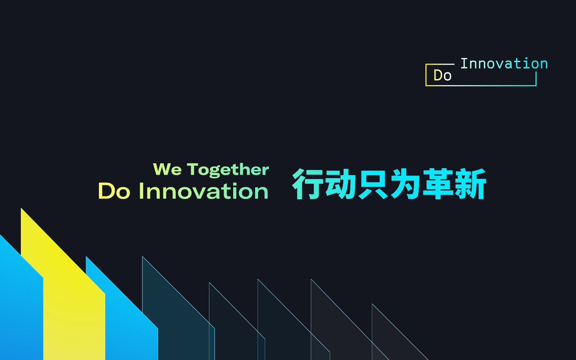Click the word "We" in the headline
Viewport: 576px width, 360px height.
pyautogui.click(x=167, y=169)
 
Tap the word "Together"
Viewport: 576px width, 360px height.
pyautogui.click(x=228, y=170)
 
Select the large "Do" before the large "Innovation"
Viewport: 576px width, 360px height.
pyautogui.click(x=114, y=191)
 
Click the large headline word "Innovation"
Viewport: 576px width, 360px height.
pyautogui.click(x=204, y=191)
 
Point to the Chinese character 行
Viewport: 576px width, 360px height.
pyautogui.click(x=308, y=184)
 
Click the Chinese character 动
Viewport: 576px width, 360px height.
pyautogui.click(x=340, y=184)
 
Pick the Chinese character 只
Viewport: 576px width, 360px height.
pyautogui.click(x=372, y=184)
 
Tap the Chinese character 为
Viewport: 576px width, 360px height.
pyautogui.click(x=405, y=184)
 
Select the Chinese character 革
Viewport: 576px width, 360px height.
pyautogui.click(x=437, y=184)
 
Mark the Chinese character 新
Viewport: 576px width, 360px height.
pyautogui.click(x=470, y=184)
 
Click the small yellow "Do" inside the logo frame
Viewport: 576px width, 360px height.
pyautogui.click(x=442, y=75)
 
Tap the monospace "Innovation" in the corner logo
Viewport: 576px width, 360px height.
pyautogui.click(x=504, y=64)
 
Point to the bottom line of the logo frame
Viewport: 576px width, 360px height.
pyautogui.click(x=481, y=86)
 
